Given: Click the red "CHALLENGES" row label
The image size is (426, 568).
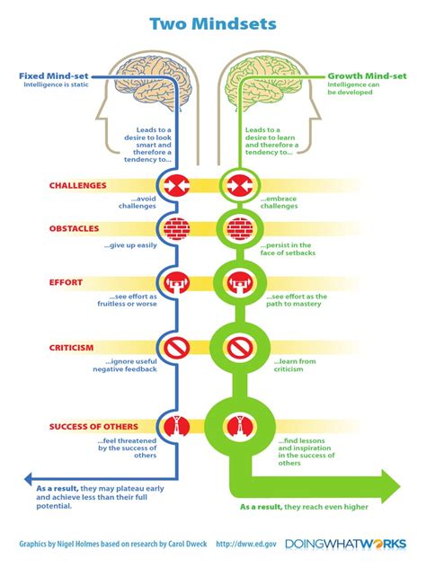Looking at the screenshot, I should pyautogui.click(x=78, y=186).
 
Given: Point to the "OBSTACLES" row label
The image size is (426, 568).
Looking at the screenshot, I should pyautogui.click(x=75, y=229).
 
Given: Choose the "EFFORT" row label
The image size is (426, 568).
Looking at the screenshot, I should pyautogui.click(x=66, y=282).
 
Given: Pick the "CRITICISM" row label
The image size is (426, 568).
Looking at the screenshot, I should pyautogui.click(x=73, y=345).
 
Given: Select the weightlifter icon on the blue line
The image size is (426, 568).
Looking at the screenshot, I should pyautogui.click(x=174, y=281).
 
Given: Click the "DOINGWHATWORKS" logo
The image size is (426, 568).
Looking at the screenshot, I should pyautogui.click(x=345, y=545).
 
